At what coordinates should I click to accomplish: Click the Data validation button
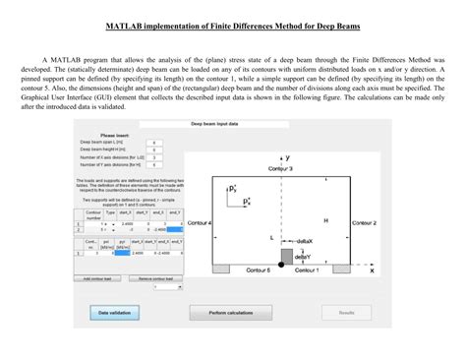click(114, 312)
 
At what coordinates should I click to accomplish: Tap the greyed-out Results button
click(347, 312)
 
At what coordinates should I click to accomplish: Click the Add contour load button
click(100, 278)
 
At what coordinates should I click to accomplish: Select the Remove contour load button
click(157, 278)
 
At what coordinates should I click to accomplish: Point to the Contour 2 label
click(363, 223)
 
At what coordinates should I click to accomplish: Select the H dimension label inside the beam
click(324, 220)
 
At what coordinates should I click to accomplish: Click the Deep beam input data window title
click(226, 125)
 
